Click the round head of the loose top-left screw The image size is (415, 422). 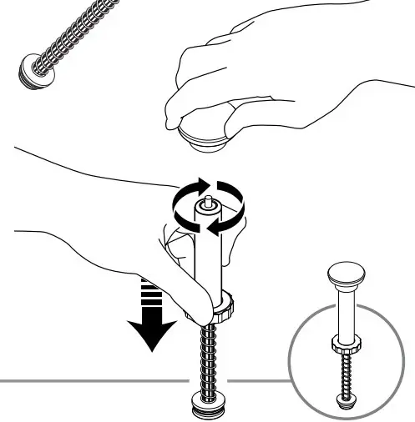point(32,71)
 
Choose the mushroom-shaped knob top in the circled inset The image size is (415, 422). point(344,275)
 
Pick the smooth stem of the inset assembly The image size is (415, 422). point(344,313)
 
